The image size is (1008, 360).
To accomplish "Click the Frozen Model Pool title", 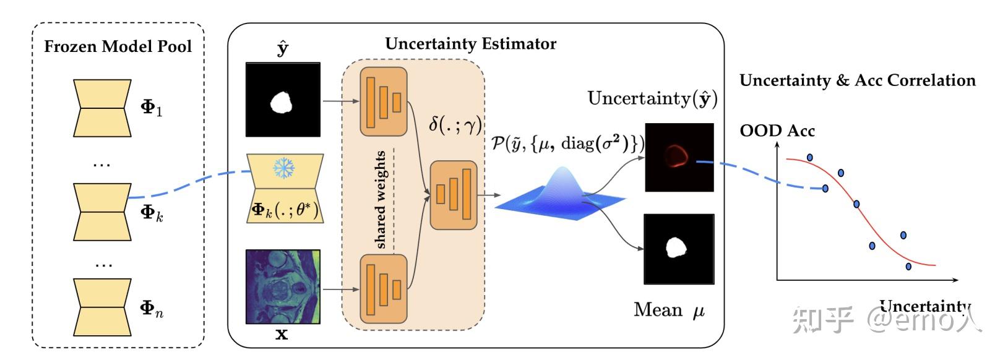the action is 118,46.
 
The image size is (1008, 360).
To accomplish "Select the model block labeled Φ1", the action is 102,108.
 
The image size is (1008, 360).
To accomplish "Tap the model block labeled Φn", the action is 102,307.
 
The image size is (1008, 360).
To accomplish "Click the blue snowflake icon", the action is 284,168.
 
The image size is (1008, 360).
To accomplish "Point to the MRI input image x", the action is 283,286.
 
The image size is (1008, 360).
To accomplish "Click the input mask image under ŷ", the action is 283,100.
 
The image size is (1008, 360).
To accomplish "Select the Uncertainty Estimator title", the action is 471,44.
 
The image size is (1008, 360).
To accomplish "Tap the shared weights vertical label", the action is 381,200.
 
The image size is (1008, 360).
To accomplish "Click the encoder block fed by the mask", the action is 384,101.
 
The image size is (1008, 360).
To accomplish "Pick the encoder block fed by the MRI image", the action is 384,289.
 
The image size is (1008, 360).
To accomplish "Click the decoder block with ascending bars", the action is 454,195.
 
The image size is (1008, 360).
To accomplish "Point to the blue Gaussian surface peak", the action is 562,171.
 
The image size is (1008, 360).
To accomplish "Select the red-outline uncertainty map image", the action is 679,158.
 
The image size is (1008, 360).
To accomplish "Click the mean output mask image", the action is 679,249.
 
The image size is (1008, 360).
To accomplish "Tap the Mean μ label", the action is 669,311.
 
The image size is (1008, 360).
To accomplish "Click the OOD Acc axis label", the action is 777,131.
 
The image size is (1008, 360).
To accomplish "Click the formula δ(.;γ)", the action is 455,124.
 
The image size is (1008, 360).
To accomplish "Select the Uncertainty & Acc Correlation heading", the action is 858,80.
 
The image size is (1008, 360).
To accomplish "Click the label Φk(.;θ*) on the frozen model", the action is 285,210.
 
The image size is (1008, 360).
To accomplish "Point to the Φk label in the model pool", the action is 152,213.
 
